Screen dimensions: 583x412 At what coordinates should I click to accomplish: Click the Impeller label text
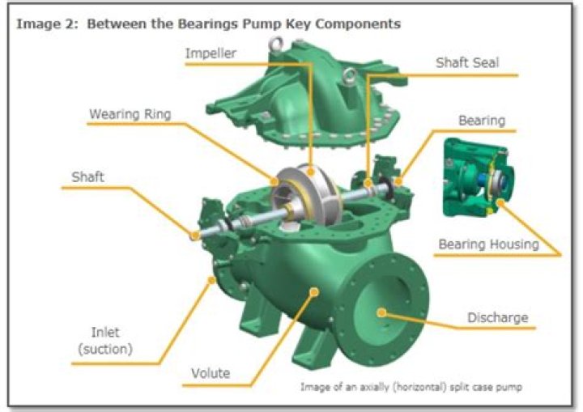pyautogui.click(x=211, y=53)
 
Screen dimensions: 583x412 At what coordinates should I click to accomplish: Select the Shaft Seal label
pyautogui.click(x=467, y=62)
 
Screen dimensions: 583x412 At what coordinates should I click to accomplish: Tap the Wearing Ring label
pyautogui.click(x=130, y=114)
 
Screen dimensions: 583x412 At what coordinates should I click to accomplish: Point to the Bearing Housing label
pyautogui.click(x=488, y=244)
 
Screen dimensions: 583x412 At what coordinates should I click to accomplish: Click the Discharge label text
pyautogui.click(x=497, y=317)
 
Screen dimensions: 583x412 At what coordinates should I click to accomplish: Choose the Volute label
pyautogui.click(x=211, y=373)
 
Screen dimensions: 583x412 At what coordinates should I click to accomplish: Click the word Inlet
pyautogui.click(x=105, y=332)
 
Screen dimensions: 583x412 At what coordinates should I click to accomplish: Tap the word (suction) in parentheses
pyautogui.click(x=105, y=349)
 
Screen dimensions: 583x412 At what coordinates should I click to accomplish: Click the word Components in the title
pyautogui.click(x=358, y=23)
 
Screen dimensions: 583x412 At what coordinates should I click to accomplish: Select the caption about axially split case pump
pyautogui.click(x=411, y=387)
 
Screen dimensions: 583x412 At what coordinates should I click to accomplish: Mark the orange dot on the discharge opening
pyautogui.click(x=381, y=312)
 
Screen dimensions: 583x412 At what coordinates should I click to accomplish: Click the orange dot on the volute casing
pyautogui.click(x=314, y=292)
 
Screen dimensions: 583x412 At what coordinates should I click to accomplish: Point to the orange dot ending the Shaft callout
pyautogui.click(x=194, y=236)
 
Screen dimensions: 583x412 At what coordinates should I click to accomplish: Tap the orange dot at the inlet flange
pyautogui.click(x=213, y=279)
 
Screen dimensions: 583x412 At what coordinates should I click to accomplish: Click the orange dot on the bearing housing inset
pyautogui.click(x=501, y=202)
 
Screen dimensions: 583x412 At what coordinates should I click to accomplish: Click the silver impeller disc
pyautogui.click(x=305, y=195)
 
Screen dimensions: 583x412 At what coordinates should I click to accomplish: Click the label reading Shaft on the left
pyautogui.click(x=87, y=177)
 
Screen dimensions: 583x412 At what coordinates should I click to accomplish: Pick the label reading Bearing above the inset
pyautogui.click(x=482, y=121)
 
